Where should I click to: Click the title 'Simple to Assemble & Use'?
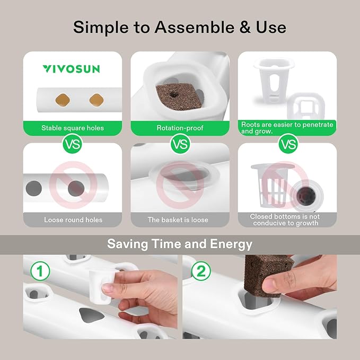coord(180,27)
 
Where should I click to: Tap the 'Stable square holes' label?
coord(73,128)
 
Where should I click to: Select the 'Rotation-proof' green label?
coord(180,128)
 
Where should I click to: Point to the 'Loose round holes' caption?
coord(73,219)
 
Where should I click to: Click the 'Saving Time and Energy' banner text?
coord(180,244)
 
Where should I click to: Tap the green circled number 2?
coord(200,271)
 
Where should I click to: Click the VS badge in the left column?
coord(73,143)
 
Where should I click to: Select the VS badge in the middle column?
coord(180,143)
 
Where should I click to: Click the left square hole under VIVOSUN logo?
coord(63,99)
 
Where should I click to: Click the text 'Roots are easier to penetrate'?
coord(287,125)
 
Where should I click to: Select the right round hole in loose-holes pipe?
coord(76,188)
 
